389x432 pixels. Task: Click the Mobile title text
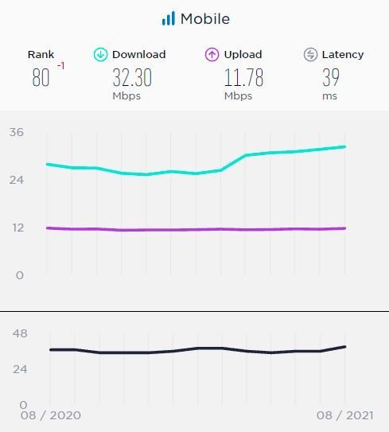(205, 19)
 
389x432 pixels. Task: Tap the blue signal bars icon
(169, 18)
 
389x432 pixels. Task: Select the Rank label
(41, 55)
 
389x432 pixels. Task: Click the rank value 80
(41, 77)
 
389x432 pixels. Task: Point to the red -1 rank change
(61, 66)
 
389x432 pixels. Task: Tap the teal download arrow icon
(100, 55)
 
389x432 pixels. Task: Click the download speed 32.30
(132, 77)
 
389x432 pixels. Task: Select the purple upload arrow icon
(212, 55)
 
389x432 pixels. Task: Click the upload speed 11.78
(243, 77)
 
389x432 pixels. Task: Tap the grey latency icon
(310, 55)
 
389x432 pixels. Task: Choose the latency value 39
(331, 77)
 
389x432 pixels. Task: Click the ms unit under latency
(330, 96)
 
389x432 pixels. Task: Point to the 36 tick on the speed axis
(17, 132)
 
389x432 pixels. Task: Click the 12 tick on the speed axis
(18, 228)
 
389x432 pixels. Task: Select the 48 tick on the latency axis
(20, 333)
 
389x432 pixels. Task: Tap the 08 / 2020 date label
(51, 415)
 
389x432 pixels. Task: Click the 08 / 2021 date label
(344, 415)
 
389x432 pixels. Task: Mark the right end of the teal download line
(344, 147)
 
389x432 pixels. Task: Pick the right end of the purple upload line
(344, 228)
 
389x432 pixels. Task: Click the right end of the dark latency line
(344, 347)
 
